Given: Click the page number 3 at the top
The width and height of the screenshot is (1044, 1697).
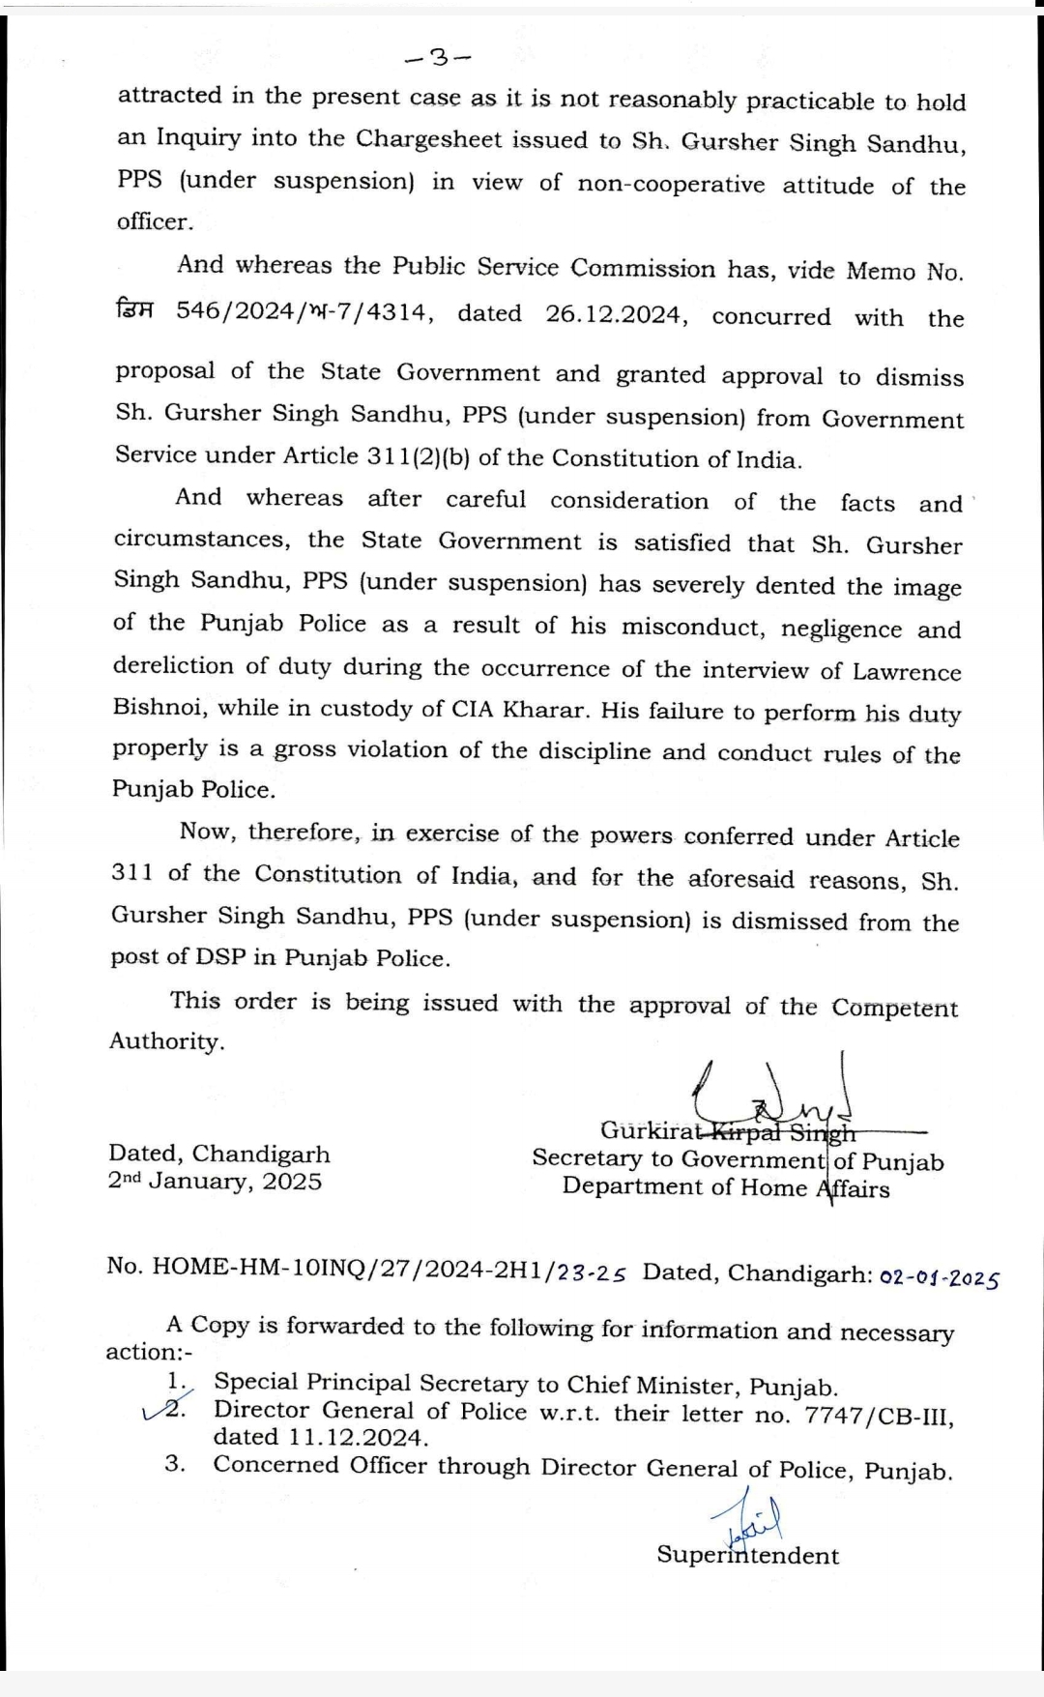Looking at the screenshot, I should tap(439, 59).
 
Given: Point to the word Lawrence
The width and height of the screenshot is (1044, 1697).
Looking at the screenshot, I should tap(906, 672).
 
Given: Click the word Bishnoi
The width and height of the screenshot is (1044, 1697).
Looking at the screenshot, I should tap(159, 706).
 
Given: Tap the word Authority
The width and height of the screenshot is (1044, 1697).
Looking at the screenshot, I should tap(165, 1041).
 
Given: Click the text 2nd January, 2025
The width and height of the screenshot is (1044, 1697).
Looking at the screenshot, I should tap(215, 1182).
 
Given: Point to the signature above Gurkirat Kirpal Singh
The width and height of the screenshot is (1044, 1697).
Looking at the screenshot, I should tap(773, 1093).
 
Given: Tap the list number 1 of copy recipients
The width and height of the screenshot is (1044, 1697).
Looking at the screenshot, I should tap(176, 1383).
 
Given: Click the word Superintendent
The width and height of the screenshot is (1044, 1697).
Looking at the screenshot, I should tap(747, 1555).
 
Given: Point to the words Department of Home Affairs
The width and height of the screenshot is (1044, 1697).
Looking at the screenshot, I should tap(725, 1187).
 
